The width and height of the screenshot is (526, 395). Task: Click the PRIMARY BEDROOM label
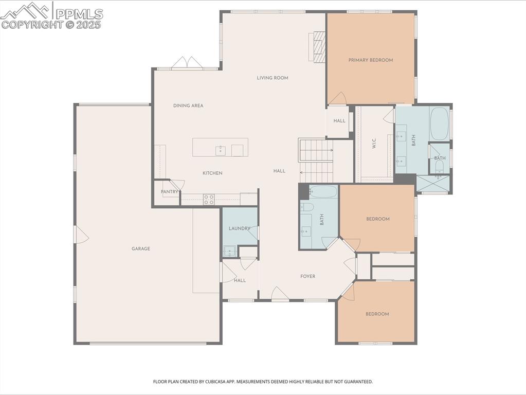(370, 60)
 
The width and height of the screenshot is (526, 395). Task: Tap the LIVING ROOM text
(273, 78)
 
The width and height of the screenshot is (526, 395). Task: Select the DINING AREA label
(188, 106)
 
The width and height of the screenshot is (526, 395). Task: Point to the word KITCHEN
(212, 173)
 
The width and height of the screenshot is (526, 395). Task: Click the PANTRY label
(169, 192)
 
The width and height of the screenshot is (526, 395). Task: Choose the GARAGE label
(140, 249)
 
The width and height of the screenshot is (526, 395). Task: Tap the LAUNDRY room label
(239, 228)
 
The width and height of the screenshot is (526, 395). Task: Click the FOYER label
(307, 277)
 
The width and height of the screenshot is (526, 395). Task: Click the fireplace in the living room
(319, 47)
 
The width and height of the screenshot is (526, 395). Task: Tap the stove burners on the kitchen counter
(208, 200)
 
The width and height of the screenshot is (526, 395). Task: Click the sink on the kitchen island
(220, 150)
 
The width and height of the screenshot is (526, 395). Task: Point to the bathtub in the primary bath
(440, 123)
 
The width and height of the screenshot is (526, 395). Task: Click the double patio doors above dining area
(187, 63)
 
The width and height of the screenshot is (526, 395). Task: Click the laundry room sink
(229, 251)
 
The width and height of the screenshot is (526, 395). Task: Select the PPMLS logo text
(79, 14)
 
